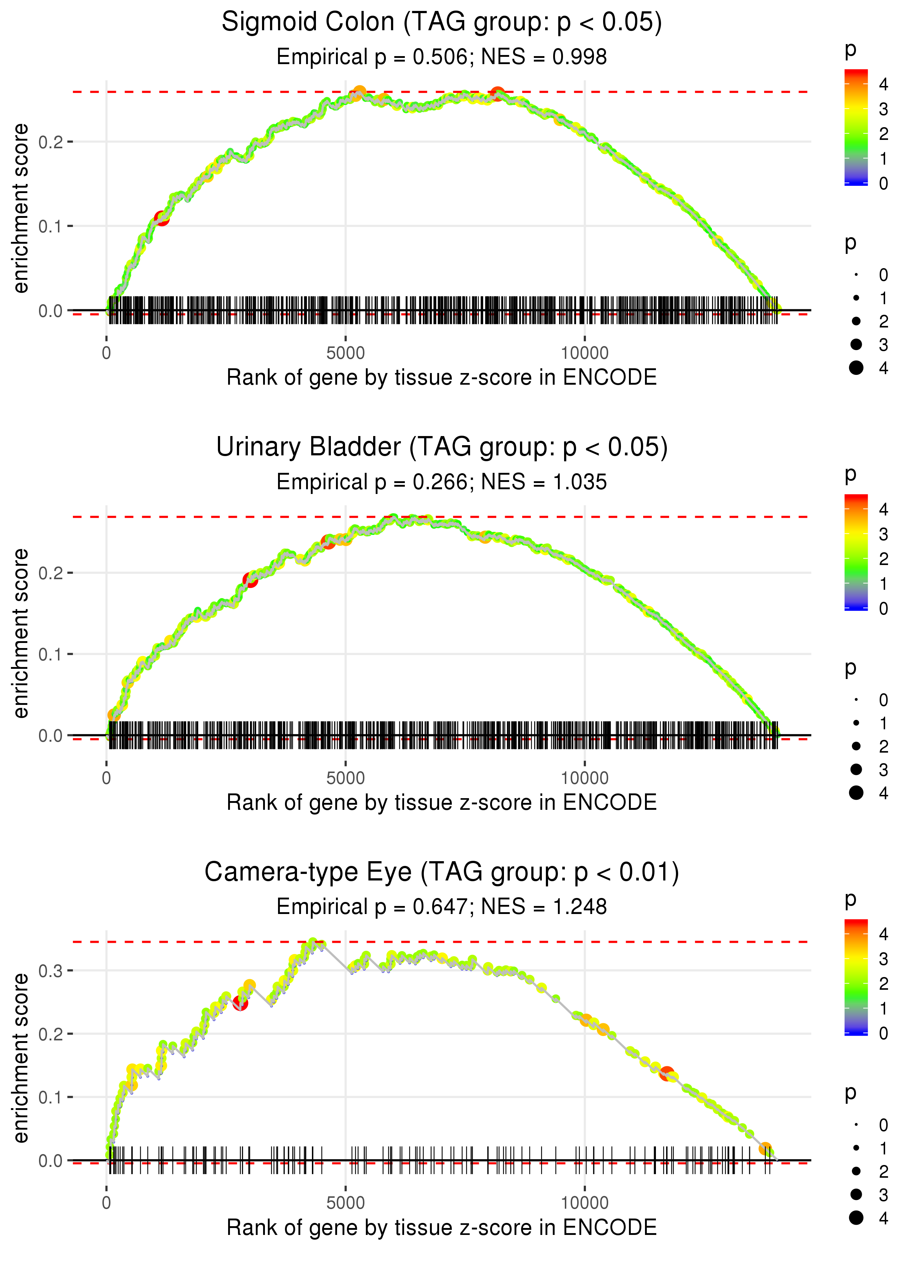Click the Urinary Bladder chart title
[442, 447]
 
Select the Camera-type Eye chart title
[442, 872]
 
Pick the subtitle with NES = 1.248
[442, 907]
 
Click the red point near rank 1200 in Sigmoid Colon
[161, 218]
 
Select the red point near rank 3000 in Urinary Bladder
[250, 580]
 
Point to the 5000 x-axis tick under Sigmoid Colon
[345, 353]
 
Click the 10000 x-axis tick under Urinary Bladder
[584, 778]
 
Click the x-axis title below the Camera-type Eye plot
[442, 1227]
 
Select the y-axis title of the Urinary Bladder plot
[21, 633]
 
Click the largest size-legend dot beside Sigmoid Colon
[856, 368]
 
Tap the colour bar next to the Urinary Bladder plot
[856, 552]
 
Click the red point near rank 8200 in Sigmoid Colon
[497, 93]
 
